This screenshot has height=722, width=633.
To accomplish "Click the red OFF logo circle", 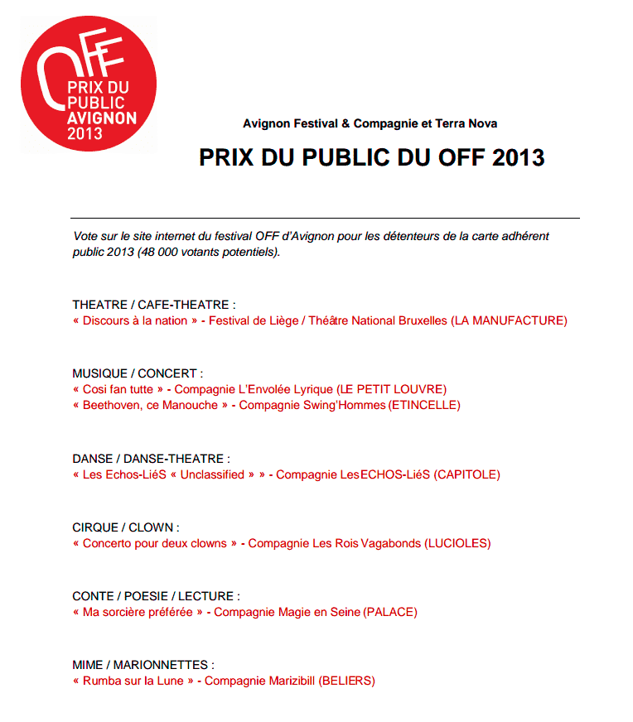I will pos(89,84).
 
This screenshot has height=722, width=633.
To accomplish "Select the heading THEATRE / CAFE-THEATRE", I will pos(154,305).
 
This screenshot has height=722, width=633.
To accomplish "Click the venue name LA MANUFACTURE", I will pos(510,320).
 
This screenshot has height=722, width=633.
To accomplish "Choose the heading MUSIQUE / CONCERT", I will pos(138,373).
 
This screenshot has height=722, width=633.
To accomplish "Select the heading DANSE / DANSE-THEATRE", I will pos(151,458).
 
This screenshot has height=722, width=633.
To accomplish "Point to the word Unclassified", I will pos(212,474).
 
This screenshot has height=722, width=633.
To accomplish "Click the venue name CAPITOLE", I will pos(467,474).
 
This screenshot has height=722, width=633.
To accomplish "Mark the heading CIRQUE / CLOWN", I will pos(126,527).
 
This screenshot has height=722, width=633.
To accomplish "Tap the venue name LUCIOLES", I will pos(457,543).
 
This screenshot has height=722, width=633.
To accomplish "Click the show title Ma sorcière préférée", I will pos(138,612).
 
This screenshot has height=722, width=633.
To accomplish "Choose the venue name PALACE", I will pos(390,612).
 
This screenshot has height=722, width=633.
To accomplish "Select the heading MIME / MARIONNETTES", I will pos(143,665).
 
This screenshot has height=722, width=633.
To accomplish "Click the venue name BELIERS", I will pos(347,681).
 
